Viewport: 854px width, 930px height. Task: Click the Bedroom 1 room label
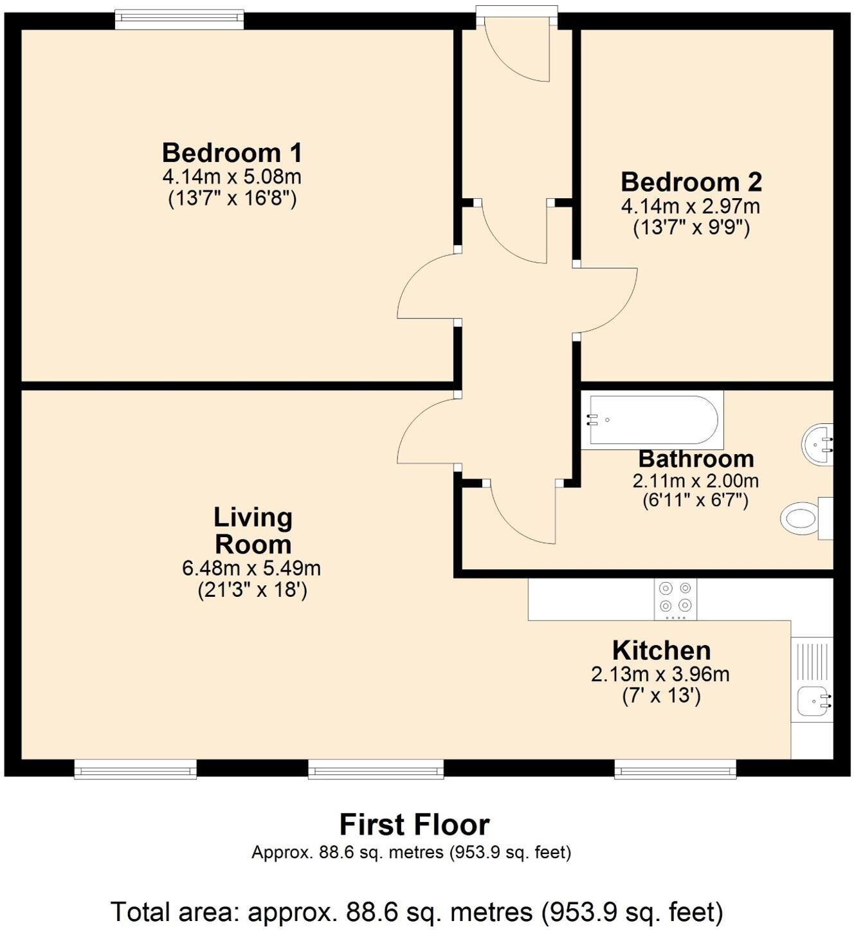click(232, 153)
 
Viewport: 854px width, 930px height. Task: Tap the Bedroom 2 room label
click(691, 182)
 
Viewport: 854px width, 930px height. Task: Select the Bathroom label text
click(696, 459)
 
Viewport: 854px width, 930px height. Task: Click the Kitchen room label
click(661, 650)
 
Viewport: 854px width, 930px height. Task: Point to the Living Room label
click(253, 531)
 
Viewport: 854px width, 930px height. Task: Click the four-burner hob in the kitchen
click(675, 598)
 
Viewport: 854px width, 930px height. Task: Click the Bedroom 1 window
click(179, 19)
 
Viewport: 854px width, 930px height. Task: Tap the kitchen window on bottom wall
click(675, 769)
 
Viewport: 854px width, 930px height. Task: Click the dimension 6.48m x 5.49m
click(251, 569)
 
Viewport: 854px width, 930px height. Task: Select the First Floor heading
click(414, 825)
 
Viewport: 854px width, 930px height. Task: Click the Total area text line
click(417, 912)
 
